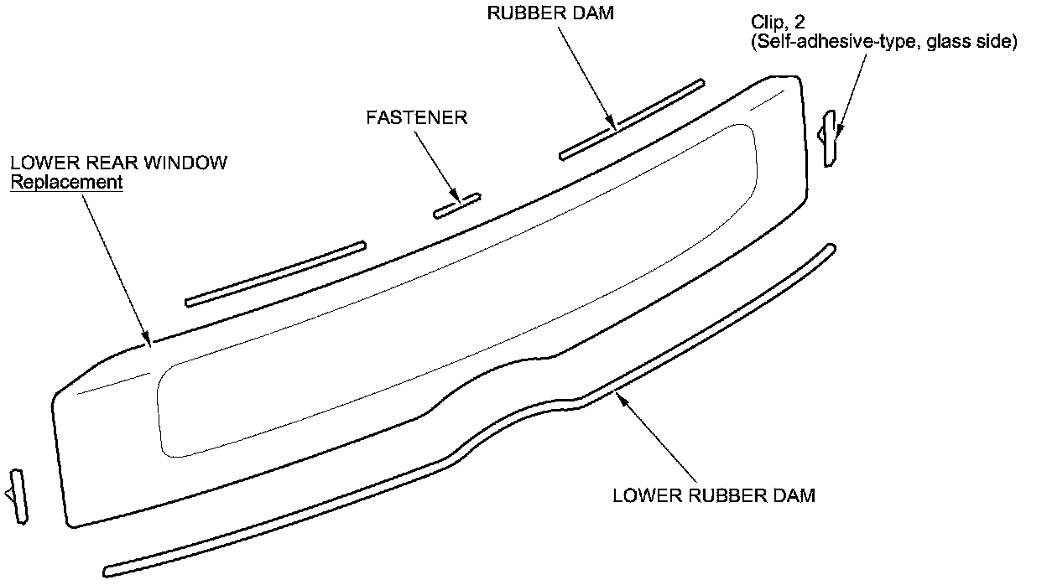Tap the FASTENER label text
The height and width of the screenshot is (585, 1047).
coord(416,117)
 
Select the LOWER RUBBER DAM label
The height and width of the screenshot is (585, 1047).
coord(713,495)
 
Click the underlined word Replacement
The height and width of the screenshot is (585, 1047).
coord(66,181)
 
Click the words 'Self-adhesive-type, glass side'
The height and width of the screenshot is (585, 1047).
coord(883,42)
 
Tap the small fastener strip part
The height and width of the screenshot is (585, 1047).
coord(457,206)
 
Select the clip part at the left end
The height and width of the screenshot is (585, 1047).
coord(18,496)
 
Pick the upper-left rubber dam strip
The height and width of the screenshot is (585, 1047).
coord(275,273)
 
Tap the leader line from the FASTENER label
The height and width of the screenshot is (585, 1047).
coord(437,164)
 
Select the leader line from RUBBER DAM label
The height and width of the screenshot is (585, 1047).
coord(585,79)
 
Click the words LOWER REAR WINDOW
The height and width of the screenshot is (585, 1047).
coord(118,162)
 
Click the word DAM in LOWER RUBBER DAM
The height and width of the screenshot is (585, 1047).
coord(792,495)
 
